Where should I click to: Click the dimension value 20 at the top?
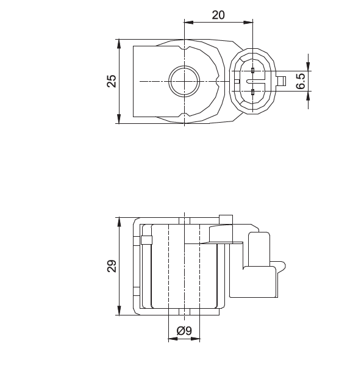pos(218,15)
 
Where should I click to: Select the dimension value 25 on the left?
pos(112,81)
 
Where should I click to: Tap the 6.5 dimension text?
pos(301,81)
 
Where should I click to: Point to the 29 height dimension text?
pos(112,267)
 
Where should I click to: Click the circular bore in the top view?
pos(184,81)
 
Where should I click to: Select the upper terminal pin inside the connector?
pos(252,71)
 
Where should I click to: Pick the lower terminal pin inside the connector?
pos(252,92)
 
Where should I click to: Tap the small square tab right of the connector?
pos(282,81)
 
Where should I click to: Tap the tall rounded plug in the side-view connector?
pos(260,250)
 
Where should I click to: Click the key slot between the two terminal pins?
pos(252,81)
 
